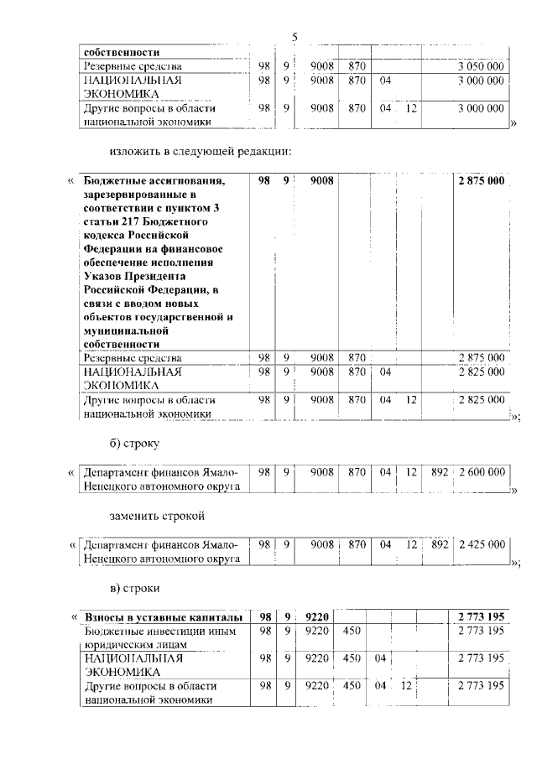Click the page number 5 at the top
[295, 37]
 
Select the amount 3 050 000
[481, 65]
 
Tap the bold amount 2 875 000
[481, 180]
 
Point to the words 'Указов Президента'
[135, 275]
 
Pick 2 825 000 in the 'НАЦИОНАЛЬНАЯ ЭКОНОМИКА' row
[481, 372]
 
